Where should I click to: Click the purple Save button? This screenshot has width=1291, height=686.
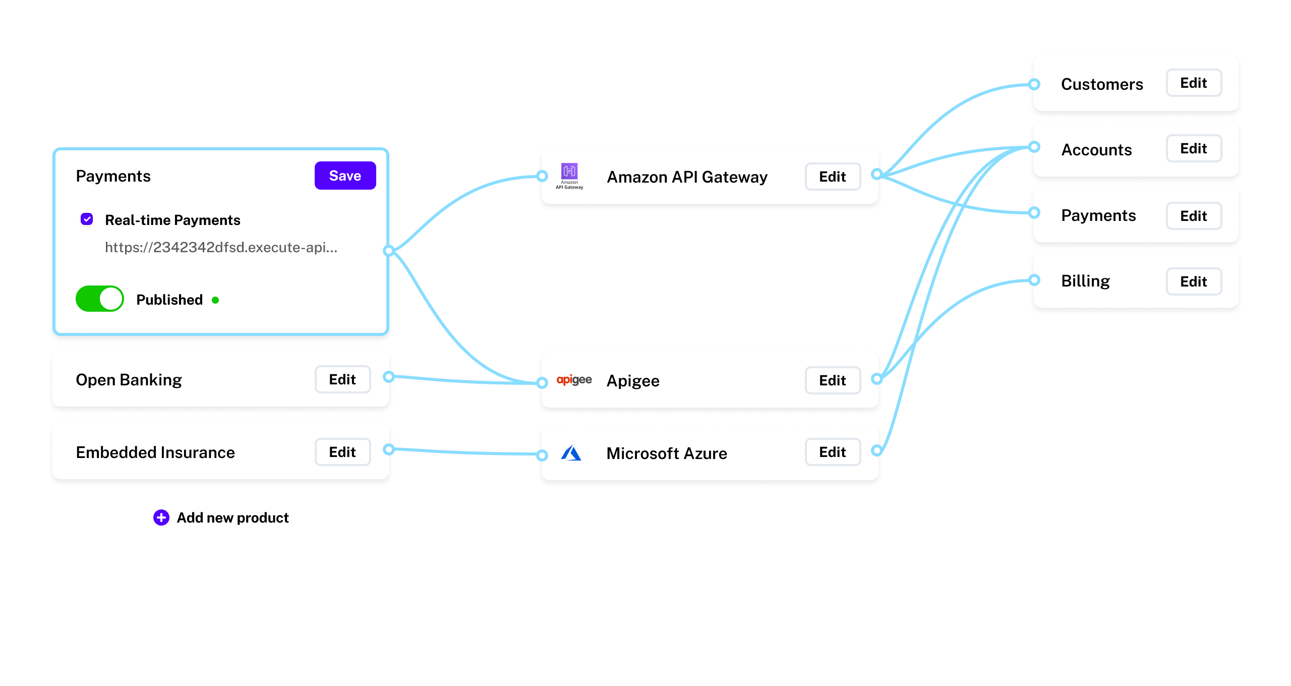coord(345,176)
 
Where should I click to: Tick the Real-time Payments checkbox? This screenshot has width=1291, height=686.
coord(87,219)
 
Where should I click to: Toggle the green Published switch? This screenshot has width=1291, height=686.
coord(100,299)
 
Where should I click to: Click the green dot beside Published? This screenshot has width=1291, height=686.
coord(215,300)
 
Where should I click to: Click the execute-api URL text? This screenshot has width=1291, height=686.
coord(221,247)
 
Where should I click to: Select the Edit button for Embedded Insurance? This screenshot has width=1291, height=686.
coord(342,452)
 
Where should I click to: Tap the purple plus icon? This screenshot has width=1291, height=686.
coord(161,518)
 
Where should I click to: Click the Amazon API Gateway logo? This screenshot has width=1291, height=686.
coord(569,176)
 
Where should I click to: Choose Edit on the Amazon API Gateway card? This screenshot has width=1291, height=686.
coord(832,177)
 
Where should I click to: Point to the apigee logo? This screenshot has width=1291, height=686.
coord(574,380)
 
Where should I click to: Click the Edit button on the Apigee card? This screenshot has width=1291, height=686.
coord(832,380)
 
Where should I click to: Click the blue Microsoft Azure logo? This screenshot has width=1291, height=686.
coord(571,453)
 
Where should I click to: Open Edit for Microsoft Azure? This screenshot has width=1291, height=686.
coord(832,452)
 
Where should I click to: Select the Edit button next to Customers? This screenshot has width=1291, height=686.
coord(1193,83)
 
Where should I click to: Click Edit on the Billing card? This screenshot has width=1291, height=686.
coord(1193,281)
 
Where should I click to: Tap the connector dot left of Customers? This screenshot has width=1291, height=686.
coord(1034,84)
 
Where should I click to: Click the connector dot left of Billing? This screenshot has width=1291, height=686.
coord(1034,280)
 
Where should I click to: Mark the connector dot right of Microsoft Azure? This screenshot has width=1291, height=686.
coord(877,450)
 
